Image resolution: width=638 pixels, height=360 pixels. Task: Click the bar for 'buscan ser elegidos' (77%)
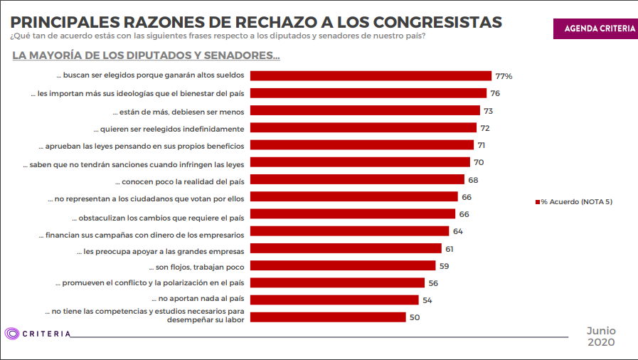coord(371,75)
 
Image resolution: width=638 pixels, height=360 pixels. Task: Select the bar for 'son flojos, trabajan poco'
coord(343,265)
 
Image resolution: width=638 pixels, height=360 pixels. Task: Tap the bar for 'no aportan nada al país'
coord(335,300)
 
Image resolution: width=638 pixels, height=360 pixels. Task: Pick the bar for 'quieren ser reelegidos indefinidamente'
coord(363,127)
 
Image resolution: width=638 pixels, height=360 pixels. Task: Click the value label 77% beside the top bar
coord(504,76)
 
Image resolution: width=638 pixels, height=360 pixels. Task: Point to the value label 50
coord(415,318)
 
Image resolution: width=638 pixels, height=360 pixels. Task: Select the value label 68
coord(473,180)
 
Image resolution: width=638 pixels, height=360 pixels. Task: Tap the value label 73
coord(488,111)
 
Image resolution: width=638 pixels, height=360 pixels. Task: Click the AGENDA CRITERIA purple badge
coord(595,28)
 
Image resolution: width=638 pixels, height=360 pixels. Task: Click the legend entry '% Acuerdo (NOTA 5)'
coord(574,202)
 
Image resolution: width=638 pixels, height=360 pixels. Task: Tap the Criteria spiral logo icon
coord(12,334)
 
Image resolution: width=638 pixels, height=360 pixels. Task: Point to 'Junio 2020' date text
coord(601,337)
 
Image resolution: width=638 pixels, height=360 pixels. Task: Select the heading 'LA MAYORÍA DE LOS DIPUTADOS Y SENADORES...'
coord(146,55)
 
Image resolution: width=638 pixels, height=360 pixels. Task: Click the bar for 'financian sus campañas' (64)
coord(351,231)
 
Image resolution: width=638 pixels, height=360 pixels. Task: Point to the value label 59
coord(445,266)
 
